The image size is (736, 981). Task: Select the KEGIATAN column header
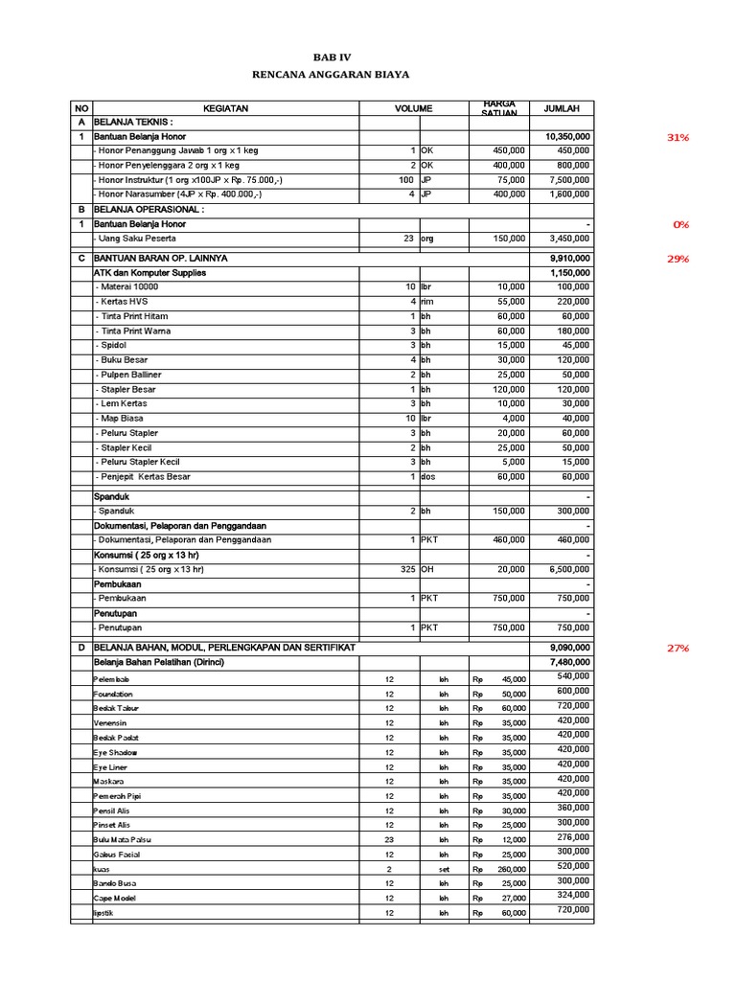click(x=225, y=108)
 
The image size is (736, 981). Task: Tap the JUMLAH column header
click(x=562, y=108)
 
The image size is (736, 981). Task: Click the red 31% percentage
click(x=678, y=137)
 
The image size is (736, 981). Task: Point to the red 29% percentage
click(x=678, y=259)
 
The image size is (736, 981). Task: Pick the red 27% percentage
click(x=678, y=648)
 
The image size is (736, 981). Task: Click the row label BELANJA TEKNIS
click(x=133, y=123)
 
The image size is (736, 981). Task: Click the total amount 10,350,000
click(x=567, y=137)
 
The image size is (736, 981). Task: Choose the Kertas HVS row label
click(x=122, y=301)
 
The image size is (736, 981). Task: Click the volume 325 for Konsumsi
click(x=406, y=569)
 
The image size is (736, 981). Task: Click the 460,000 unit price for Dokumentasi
click(x=508, y=539)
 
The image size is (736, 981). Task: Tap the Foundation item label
click(x=113, y=694)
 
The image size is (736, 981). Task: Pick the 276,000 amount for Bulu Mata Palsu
click(x=573, y=837)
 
